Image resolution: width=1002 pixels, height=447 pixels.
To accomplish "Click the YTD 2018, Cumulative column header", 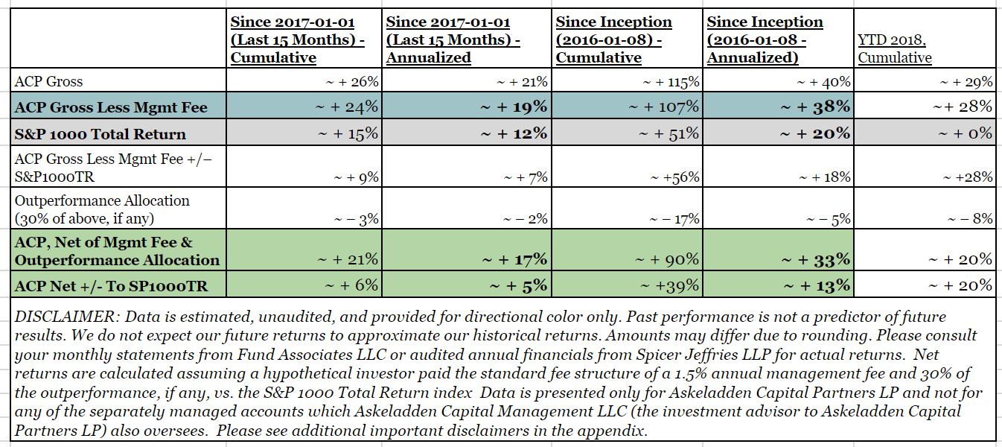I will [x=895, y=49].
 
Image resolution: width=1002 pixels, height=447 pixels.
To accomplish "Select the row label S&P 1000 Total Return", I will [x=100, y=134].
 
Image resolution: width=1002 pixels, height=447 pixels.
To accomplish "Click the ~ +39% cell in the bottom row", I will [x=674, y=285].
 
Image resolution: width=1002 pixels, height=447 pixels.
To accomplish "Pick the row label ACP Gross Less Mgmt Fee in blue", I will [x=111, y=107].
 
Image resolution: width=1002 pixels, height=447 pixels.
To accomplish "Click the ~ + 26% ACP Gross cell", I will [x=353, y=82].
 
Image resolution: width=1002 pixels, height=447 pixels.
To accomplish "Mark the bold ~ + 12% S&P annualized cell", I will [x=514, y=134].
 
